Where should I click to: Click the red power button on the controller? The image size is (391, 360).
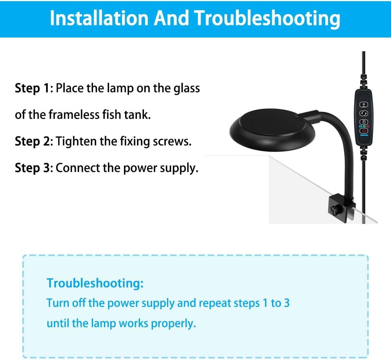364,131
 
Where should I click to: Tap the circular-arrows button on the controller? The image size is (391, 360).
364,113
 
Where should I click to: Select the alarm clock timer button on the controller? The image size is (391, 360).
364,122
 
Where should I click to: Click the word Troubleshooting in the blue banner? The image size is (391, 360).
267,18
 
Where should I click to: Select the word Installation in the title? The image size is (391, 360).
99,18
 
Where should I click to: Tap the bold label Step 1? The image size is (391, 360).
34,88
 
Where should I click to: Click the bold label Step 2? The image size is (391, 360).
34,141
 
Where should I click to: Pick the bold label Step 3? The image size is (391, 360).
34,168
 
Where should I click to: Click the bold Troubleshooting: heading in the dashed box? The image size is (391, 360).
95,283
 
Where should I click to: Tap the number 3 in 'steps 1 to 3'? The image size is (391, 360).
287,303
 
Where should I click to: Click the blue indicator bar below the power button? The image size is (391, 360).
364,135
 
